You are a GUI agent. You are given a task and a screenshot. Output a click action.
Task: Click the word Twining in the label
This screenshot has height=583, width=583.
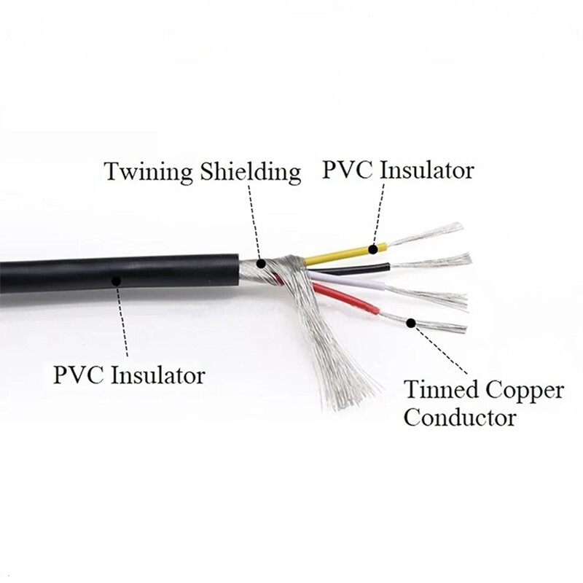142,173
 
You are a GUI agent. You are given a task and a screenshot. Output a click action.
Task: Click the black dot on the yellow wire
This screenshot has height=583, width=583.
373,249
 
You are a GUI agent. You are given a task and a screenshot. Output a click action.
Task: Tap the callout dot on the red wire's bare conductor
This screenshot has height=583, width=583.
411,322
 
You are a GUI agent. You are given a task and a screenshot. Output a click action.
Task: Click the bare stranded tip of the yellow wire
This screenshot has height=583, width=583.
430,235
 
